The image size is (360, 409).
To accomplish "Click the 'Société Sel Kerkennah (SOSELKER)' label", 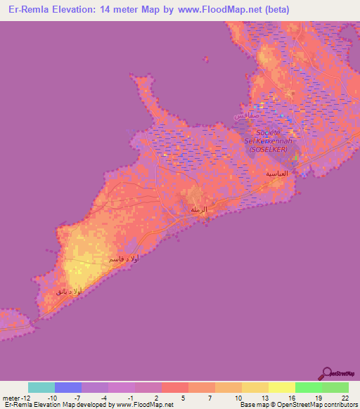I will click(x=268, y=141).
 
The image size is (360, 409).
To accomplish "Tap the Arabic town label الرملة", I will click(x=200, y=209).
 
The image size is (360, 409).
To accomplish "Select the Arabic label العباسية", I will click(x=275, y=173).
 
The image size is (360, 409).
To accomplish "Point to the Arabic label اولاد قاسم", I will click(x=124, y=259).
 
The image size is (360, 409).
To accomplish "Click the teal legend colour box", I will click(x=41, y=387).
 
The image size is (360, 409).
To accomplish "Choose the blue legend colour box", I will click(x=68, y=387).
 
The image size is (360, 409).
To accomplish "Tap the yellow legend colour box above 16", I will click(x=282, y=387).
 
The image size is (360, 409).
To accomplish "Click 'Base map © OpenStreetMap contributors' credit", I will click(x=298, y=405).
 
